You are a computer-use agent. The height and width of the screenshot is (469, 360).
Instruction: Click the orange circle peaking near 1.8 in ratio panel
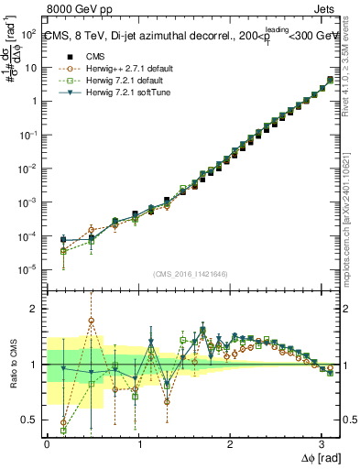point(92,321)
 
